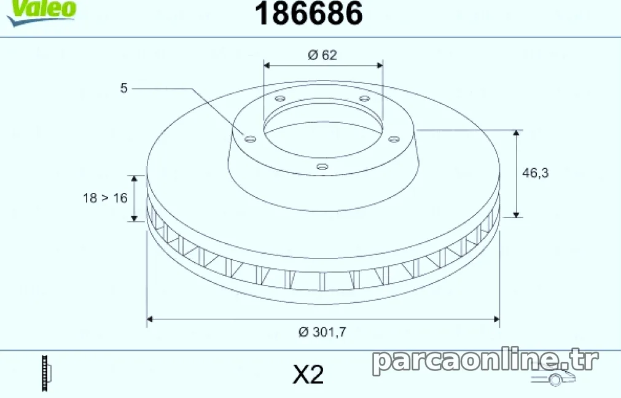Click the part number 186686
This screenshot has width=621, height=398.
[308, 14]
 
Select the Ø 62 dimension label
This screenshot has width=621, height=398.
[322, 55]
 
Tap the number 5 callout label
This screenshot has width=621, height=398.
[124, 88]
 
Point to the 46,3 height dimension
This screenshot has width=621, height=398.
[536, 173]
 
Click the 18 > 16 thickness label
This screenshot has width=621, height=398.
[105, 198]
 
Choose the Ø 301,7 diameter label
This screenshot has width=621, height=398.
[322, 332]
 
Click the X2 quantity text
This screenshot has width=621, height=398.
[308, 374]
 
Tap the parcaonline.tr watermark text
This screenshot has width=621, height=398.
[485, 361]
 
